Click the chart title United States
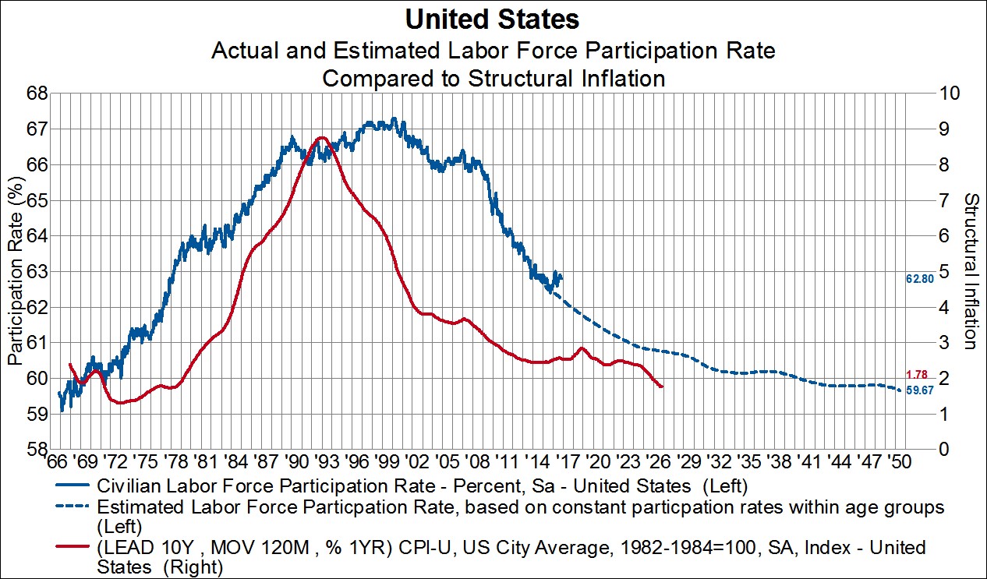pos(493,19)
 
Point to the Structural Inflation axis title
pos(971,271)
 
